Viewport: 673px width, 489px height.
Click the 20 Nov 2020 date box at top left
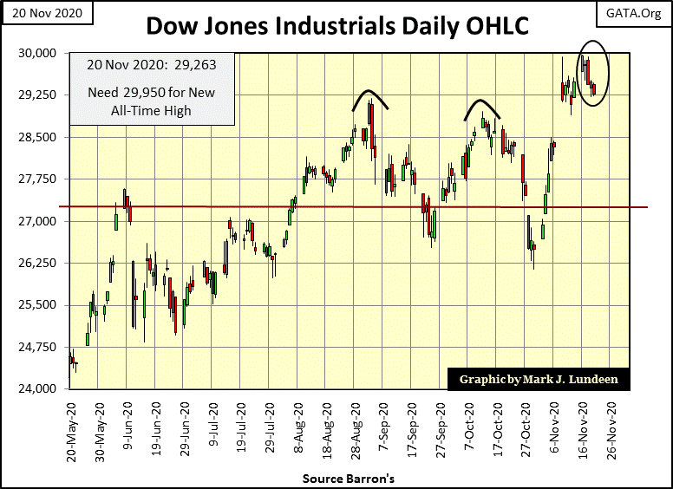click(x=35, y=14)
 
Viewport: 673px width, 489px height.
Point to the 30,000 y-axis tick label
click(x=37, y=53)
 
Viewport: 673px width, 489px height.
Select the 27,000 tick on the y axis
click(x=37, y=221)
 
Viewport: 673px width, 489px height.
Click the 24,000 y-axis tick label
click(x=37, y=388)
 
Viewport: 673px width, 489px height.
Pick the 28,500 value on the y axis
click(x=37, y=137)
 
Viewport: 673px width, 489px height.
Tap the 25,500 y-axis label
click(x=37, y=305)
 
